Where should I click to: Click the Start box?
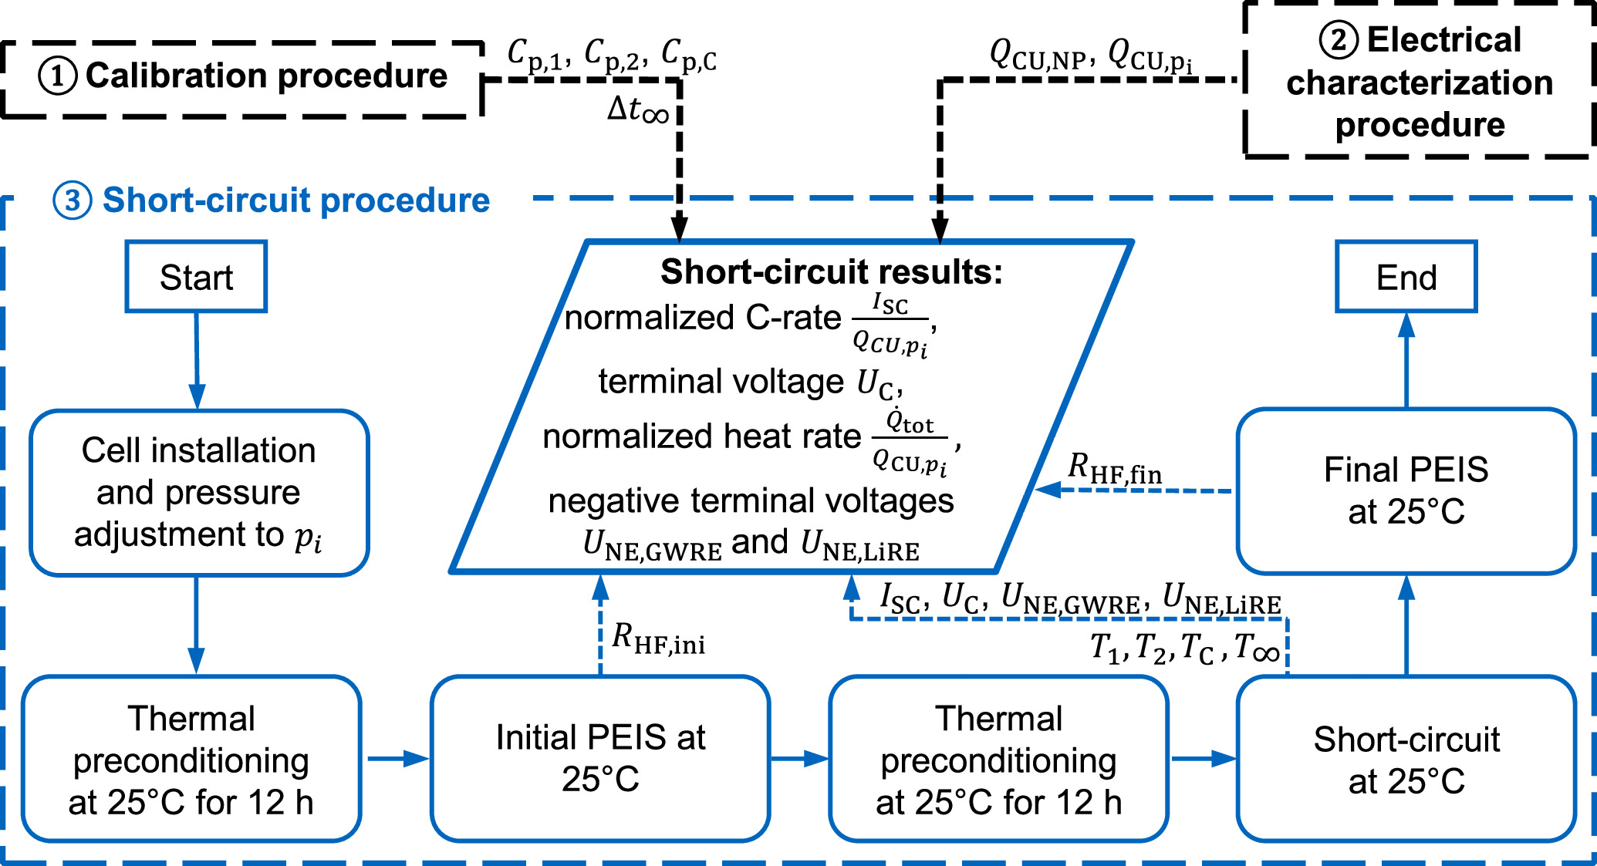pyautogui.click(x=196, y=277)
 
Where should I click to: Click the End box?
pyautogui.click(x=1406, y=277)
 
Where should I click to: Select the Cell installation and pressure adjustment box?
pyautogui.click(x=199, y=493)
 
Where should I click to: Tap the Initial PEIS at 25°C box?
pyautogui.click(x=600, y=758)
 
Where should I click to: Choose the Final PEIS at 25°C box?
pyautogui.click(x=1406, y=491)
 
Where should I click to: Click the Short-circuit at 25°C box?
pyautogui.click(x=1406, y=760)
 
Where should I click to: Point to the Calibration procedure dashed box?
pyautogui.click(x=242, y=77)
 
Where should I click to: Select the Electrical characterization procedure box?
pyautogui.click(x=1419, y=82)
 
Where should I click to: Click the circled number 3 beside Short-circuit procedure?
pyautogui.click(x=72, y=200)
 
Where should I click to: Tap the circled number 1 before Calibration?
pyautogui.click(x=57, y=76)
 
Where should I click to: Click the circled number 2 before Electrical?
pyautogui.click(x=1338, y=40)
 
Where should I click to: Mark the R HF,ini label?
pyautogui.click(x=658, y=639)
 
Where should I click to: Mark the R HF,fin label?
pyautogui.click(x=1115, y=469)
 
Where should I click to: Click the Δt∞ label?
pyautogui.click(x=638, y=110)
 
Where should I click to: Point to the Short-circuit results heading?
pyautogui.click(x=831, y=272)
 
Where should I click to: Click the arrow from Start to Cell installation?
pyautogui.click(x=197, y=360)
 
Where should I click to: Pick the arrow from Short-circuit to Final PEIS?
pyautogui.click(x=1406, y=625)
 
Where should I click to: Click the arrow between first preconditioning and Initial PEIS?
pyautogui.click(x=397, y=759)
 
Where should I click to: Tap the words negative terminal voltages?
pyautogui.click(x=751, y=501)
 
